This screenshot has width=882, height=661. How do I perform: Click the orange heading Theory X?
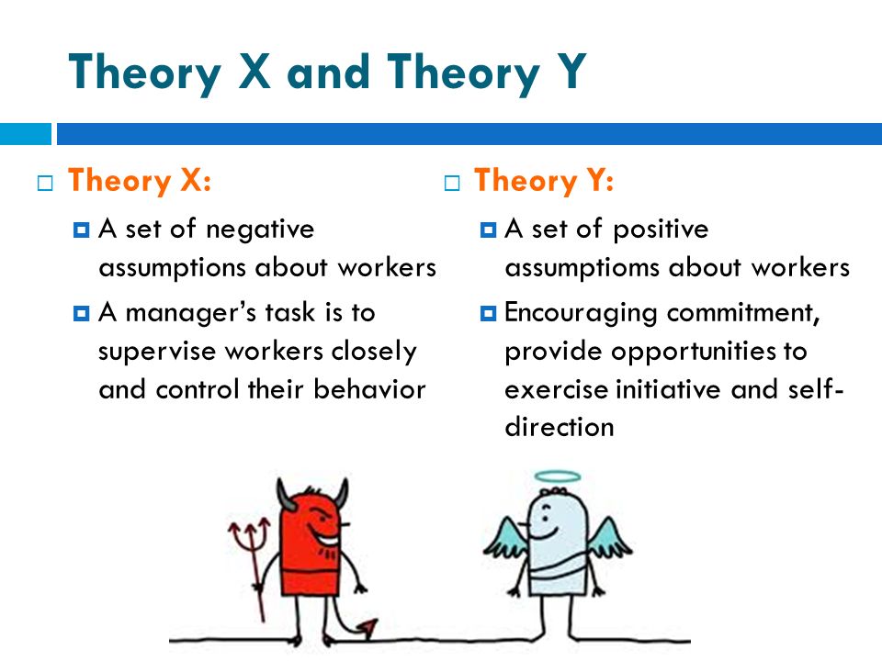(x=140, y=181)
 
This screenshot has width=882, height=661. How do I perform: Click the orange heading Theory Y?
(x=544, y=181)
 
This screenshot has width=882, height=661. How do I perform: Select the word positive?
(x=661, y=230)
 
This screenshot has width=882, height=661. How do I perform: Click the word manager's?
(x=191, y=313)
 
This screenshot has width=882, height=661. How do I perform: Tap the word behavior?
(x=369, y=389)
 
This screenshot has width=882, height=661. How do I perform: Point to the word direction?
(x=560, y=427)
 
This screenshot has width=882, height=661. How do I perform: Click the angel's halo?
(x=558, y=476)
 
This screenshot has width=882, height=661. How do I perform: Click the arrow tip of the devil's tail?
(x=369, y=627)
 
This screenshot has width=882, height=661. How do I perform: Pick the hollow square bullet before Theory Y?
(x=452, y=184)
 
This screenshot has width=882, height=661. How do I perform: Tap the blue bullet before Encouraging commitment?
(x=488, y=313)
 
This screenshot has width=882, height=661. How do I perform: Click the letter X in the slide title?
(x=254, y=72)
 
